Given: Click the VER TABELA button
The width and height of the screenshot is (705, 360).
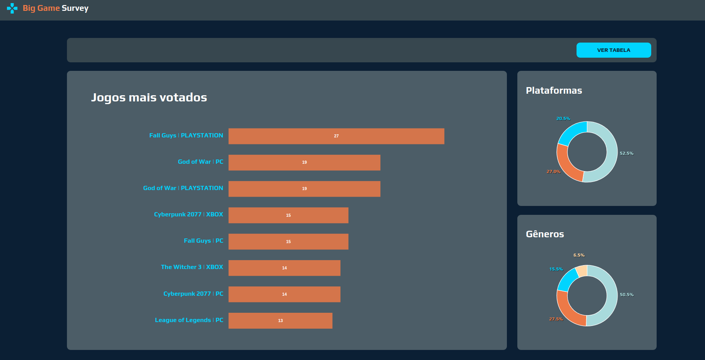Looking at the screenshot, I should pyautogui.click(x=613, y=50).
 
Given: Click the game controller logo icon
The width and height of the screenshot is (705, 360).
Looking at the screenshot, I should pyautogui.click(x=12, y=8).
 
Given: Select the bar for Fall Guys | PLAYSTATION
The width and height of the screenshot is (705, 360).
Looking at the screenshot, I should pyautogui.click(x=336, y=136).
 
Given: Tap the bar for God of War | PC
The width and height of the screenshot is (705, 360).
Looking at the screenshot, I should pyautogui.click(x=304, y=163).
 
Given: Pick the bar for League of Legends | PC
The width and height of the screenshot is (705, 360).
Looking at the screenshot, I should pyautogui.click(x=280, y=321).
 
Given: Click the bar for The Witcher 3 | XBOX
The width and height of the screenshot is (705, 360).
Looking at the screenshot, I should pyautogui.click(x=284, y=268).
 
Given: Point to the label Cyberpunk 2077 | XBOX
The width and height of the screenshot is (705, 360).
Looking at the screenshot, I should pyautogui.click(x=188, y=214).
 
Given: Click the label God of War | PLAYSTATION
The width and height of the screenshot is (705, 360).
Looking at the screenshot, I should pyautogui.click(x=183, y=188).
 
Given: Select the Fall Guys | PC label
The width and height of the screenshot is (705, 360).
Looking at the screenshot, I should pyautogui.click(x=203, y=241).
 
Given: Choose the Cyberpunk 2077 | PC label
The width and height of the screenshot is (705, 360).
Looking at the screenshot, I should pyautogui.click(x=193, y=294).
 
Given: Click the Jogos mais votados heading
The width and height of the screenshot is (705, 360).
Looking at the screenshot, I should pyautogui.click(x=149, y=98).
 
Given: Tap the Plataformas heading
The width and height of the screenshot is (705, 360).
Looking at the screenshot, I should pyautogui.click(x=554, y=91).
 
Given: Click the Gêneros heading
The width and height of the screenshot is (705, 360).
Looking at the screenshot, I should pyautogui.click(x=545, y=234).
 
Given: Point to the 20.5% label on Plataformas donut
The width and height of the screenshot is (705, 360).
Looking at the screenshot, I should pyautogui.click(x=563, y=118).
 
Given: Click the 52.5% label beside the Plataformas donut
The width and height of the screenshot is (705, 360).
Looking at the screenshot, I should pyautogui.click(x=626, y=153).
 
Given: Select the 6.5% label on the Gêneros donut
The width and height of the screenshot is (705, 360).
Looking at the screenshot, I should pyautogui.click(x=579, y=255).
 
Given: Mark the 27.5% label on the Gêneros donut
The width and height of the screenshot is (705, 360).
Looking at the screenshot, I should pyautogui.click(x=556, y=319).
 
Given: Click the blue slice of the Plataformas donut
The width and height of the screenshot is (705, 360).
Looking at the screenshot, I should pyautogui.click(x=570, y=132).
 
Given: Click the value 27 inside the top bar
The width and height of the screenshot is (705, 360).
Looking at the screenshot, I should pyautogui.click(x=336, y=136).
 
